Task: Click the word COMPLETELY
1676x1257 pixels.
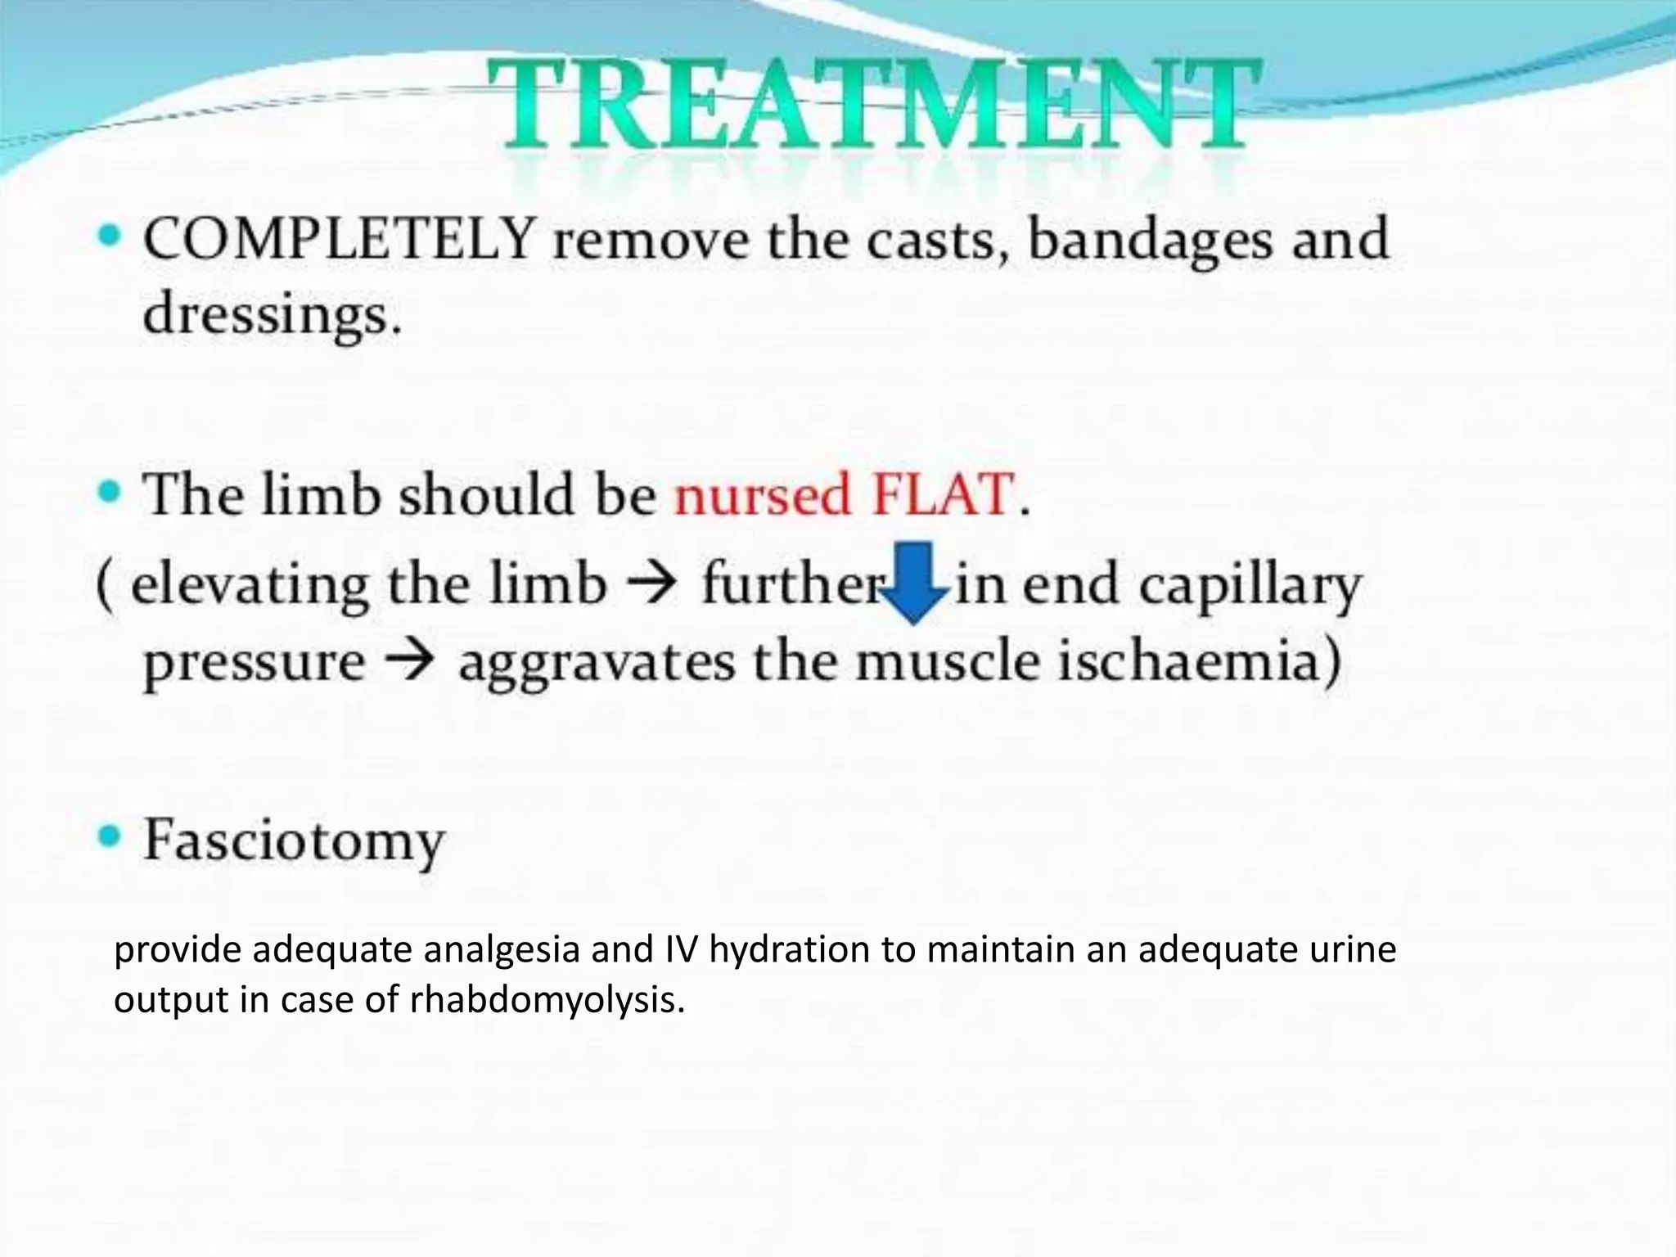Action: coord(339,239)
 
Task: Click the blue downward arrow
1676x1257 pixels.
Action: coord(916,582)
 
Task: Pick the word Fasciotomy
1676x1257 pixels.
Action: coord(294,841)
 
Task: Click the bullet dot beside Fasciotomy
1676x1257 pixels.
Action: coord(109,837)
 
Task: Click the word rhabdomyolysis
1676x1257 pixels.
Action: coord(547,1000)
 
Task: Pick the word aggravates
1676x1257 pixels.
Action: coord(597,663)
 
